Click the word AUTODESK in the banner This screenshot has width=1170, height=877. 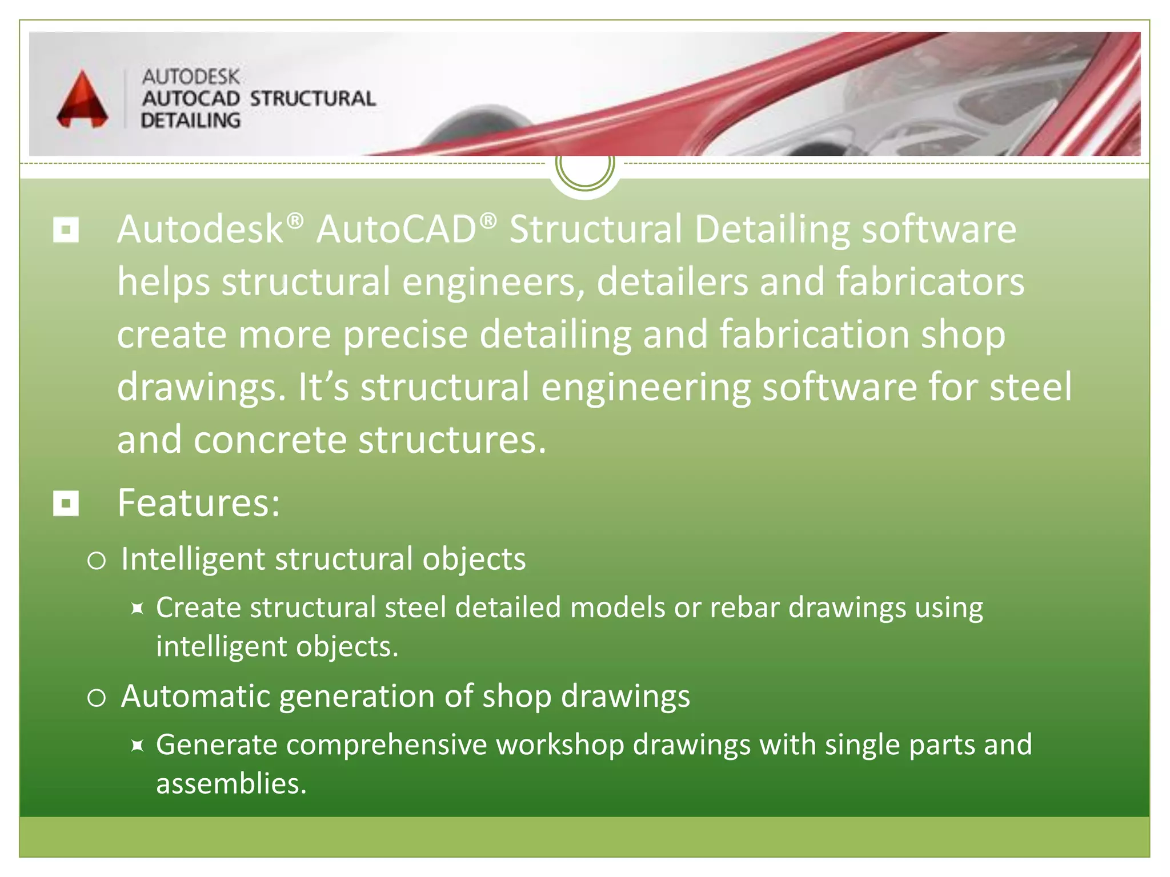[191, 77]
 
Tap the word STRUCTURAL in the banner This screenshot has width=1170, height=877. [312, 99]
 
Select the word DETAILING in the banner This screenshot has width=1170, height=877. [191, 120]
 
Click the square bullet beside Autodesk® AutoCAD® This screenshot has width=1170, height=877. [66, 230]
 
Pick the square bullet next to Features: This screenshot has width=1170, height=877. [66, 504]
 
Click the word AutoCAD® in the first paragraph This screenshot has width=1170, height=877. [406, 230]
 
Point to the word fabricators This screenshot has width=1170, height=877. [930, 282]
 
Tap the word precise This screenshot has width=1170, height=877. [405, 335]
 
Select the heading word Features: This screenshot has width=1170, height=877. [199, 503]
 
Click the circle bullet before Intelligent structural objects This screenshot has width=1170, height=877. [97, 561]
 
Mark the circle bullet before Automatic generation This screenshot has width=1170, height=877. [97, 698]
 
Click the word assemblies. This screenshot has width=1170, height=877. [231, 784]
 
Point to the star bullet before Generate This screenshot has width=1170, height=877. [137, 746]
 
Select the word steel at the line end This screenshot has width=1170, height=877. [1030, 387]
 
